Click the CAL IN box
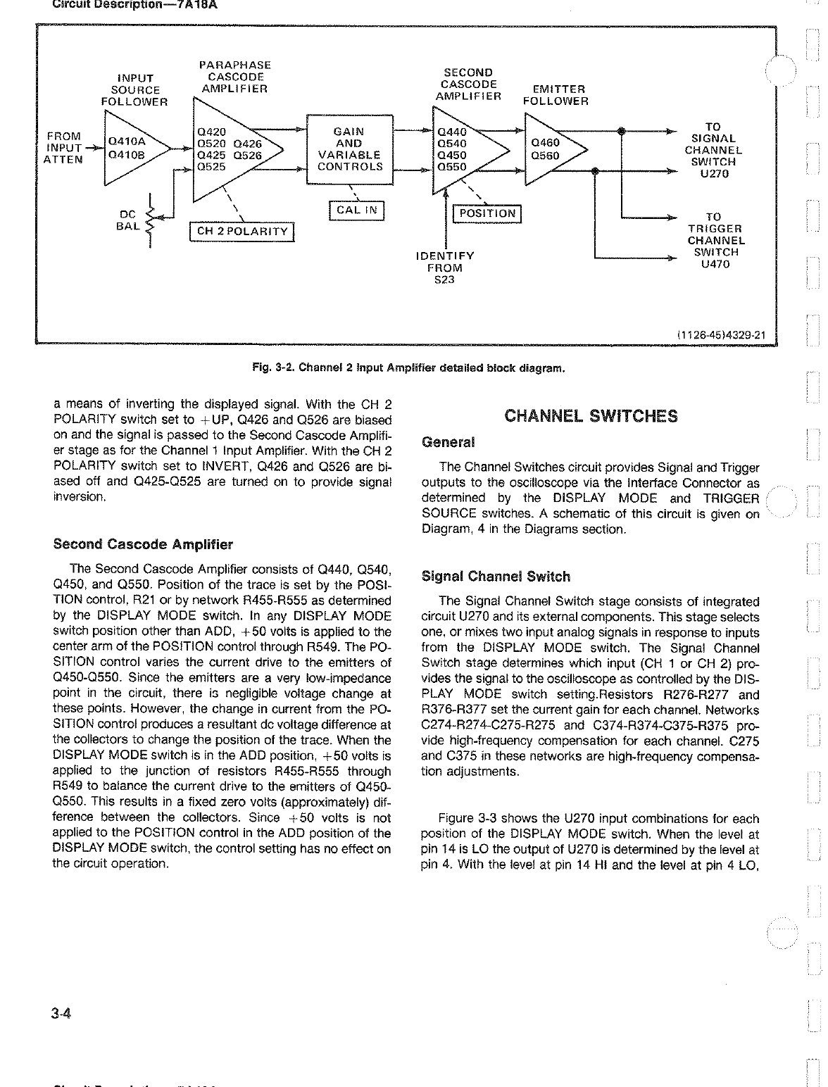[356, 210]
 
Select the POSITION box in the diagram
[487, 213]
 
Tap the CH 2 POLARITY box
[243, 232]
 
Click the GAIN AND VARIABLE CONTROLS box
[350, 149]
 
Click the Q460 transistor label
[545, 143]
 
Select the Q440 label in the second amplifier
[451, 132]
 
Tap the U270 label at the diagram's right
[713, 174]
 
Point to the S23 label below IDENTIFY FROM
[444, 279]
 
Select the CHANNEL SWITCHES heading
[591, 415]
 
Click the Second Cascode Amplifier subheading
[143, 544]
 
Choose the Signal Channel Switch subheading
[495, 577]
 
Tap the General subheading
[447, 442]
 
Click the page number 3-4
[63, 1014]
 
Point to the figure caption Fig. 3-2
[408, 367]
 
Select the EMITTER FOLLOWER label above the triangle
[556, 95]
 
